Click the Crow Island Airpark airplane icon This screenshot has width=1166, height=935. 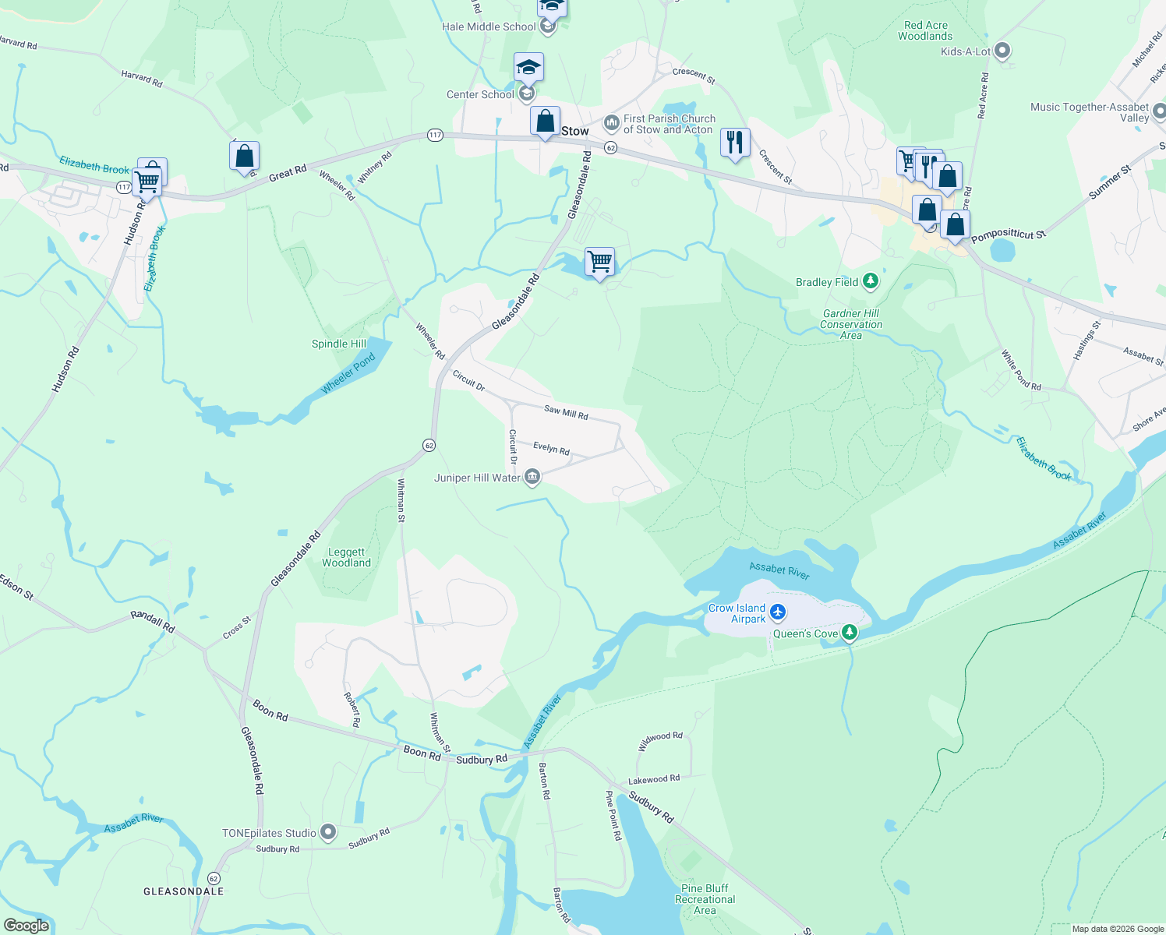(x=777, y=613)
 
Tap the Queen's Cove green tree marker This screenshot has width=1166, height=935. (x=850, y=633)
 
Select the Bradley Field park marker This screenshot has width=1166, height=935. (x=871, y=282)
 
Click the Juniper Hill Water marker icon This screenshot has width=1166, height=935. (x=532, y=477)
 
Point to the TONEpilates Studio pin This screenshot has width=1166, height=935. (x=329, y=833)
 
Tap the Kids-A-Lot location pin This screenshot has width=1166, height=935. (x=1003, y=51)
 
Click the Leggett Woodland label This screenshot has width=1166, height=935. (x=346, y=557)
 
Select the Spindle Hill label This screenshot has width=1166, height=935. (x=339, y=344)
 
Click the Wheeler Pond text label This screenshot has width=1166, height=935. (x=348, y=373)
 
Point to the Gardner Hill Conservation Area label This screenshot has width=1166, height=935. (x=851, y=324)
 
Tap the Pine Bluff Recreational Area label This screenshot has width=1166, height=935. (x=705, y=899)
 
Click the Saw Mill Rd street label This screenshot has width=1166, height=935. (x=566, y=412)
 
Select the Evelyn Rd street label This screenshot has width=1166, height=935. (x=551, y=449)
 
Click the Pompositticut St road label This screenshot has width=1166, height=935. (x=1008, y=235)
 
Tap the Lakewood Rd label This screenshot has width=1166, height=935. (x=654, y=779)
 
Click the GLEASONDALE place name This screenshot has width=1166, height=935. (x=183, y=891)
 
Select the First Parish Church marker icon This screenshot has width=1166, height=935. (x=612, y=123)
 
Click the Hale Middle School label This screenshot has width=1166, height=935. (x=489, y=26)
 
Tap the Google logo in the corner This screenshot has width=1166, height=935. (x=26, y=926)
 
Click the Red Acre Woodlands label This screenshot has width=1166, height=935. (x=924, y=30)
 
